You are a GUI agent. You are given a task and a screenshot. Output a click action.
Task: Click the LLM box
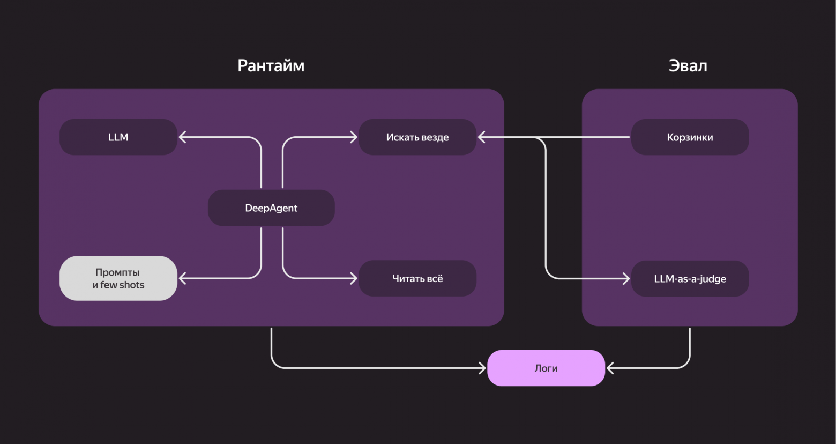coord(118,137)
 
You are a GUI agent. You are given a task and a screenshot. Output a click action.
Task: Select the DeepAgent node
coord(271,208)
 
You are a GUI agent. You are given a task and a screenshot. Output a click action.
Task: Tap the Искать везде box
coord(417,137)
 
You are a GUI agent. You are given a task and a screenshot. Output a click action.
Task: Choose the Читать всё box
coord(417,279)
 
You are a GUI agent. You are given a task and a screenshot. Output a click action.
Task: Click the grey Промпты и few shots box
coord(118,278)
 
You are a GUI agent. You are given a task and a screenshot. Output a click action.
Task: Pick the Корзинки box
coord(690,137)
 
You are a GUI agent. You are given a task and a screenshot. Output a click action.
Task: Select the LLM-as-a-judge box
coord(690,279)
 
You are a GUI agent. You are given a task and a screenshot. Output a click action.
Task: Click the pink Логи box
coord(546,368)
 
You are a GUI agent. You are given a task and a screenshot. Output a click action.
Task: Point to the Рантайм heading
coord(271,65)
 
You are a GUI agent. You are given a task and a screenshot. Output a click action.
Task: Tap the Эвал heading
coord(688,65)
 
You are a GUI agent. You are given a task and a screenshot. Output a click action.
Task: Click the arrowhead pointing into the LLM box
coord(182,137)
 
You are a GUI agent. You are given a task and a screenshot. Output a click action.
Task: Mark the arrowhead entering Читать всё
coord(353,278)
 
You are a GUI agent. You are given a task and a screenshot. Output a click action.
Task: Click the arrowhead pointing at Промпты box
coord(182,278)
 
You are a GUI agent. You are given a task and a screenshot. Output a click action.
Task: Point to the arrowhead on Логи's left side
coord(482,368)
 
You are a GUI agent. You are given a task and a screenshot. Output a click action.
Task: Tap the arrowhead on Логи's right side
coord(610,368)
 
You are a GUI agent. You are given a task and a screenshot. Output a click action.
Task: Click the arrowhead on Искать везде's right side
coord(481,137)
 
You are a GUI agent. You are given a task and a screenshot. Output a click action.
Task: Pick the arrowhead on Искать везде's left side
coord(353,137)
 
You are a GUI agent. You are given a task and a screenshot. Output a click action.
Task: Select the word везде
coord(435,137)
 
